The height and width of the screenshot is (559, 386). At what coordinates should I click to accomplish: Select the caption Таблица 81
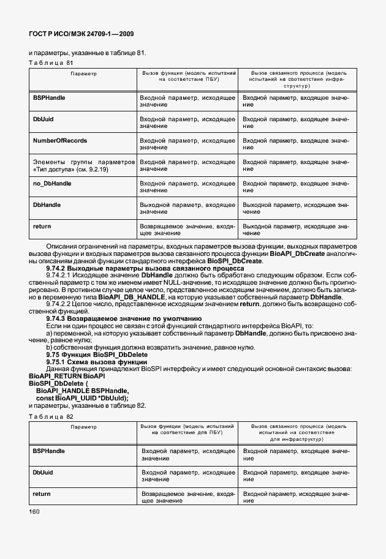click(51, 63)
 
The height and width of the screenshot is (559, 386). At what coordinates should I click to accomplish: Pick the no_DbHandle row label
click(51, 183)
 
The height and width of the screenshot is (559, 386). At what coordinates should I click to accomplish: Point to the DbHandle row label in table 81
click(46, 204)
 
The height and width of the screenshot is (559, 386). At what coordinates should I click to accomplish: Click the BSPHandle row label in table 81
click(48, 97)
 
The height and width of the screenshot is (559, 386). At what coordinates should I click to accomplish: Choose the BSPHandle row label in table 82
click(48, 450)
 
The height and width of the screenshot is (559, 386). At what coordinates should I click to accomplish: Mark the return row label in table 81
click(42, 226)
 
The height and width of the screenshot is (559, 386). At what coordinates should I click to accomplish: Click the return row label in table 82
click(42, 493)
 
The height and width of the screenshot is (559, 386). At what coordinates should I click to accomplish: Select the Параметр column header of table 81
click(83, 73)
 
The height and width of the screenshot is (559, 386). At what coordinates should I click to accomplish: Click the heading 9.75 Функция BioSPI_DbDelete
click(97, 355)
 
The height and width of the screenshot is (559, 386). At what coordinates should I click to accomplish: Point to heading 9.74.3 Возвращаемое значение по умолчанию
click(124, 318)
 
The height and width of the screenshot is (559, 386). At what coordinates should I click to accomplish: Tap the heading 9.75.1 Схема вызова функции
click(94, 361)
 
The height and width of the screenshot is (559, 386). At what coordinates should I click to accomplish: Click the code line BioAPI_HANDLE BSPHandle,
click(82, 390)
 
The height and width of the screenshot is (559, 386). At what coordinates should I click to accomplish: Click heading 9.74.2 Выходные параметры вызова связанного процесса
click(145, 268)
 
